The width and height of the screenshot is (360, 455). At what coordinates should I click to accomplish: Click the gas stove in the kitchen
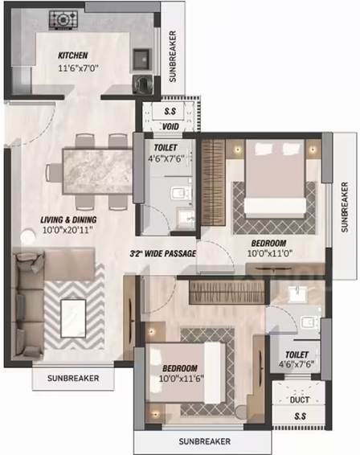pos(63,20)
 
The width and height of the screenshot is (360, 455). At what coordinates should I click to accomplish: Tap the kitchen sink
pos(142,60)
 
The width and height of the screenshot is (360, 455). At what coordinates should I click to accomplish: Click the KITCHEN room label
pos(73,55)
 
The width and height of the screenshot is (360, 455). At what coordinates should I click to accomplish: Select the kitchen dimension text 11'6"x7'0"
pos(79,68)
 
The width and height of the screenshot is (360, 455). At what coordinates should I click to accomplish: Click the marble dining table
pos(98,171)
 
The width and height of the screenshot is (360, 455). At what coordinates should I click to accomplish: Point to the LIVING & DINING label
pos(68,219)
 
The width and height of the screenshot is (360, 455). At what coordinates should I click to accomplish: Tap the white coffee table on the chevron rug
pos(73,318)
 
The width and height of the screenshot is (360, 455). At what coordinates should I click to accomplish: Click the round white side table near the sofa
pos(28,236)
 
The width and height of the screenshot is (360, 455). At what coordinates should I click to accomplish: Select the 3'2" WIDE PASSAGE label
pos(163,253)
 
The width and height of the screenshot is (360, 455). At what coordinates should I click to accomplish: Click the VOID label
pos(171,127)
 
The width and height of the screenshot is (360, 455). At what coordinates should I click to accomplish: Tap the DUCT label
pos(300,400)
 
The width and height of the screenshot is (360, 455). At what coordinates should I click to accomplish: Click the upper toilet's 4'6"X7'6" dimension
pos(166,158)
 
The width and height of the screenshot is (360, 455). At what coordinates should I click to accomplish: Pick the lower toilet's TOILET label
pos(297,355)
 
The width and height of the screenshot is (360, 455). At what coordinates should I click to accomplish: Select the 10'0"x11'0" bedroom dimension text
pos(269,253)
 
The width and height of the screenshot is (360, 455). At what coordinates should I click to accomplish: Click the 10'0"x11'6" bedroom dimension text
pos(182,379)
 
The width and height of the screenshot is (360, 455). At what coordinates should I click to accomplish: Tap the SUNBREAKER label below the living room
pos(73,379)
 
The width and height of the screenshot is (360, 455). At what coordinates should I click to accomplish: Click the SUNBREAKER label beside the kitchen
pos(173,56)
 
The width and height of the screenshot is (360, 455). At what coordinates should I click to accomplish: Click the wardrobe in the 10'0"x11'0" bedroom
pos(214,182)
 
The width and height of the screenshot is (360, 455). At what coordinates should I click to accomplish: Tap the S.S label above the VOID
pos(170,111)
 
